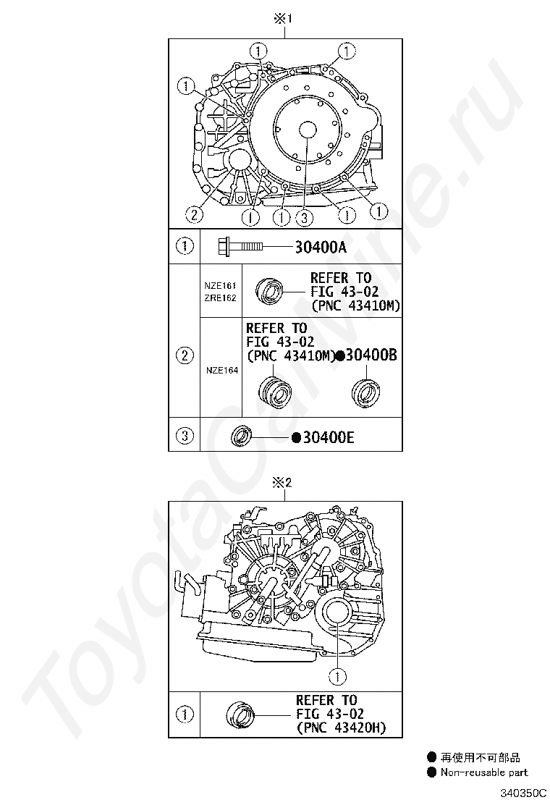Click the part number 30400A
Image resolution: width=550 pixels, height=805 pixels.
[321, 248]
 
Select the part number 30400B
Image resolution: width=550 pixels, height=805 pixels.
[371, 355]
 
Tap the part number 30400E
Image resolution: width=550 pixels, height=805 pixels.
[329, 437]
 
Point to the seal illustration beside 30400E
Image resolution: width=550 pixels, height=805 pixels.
[241, 436]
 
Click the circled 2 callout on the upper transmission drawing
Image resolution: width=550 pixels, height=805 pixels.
[194, 214]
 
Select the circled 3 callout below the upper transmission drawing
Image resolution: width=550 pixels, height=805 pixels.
[304, 218]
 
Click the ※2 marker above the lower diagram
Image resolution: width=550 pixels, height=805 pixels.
[282, 483]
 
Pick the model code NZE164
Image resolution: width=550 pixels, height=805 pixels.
[222, 370]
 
